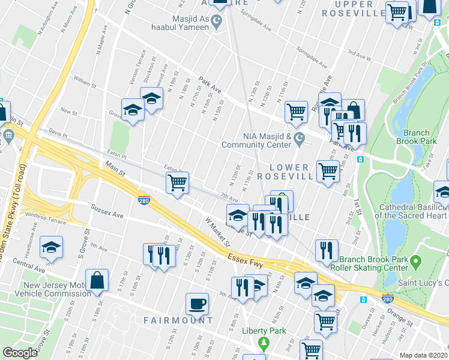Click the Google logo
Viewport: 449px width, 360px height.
tap(20, 352)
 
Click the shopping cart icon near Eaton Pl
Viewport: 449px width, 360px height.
tap(178, 183)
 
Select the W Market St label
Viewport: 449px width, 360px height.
tap(217, 232)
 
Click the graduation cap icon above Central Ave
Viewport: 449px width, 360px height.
tap(52, 247)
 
